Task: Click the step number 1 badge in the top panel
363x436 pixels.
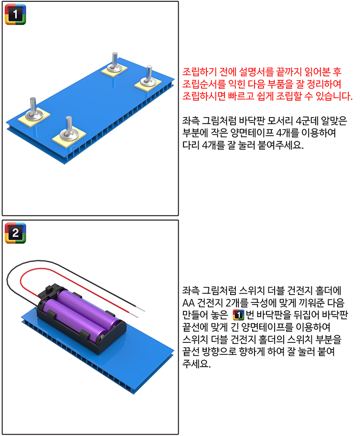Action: pyautogui.click(x=15, y=14)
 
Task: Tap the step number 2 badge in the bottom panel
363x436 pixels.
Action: pyautogui.click(x=15, y=233)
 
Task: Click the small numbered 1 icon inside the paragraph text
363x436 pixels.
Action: pyautogui.click(x=238, y=315)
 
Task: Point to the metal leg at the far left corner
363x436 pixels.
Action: pyautogui.click(x=33, y=109)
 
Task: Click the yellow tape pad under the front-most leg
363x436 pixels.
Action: pyautogui.click(x=69, y=137)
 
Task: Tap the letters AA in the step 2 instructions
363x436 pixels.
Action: pyautogui.click(x=188, y=303)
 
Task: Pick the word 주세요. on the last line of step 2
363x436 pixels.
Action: pyautogui.click(x=196, y=364)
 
